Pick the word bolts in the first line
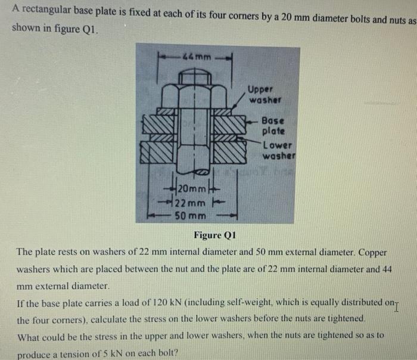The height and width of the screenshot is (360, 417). click(x=328, y=10)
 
